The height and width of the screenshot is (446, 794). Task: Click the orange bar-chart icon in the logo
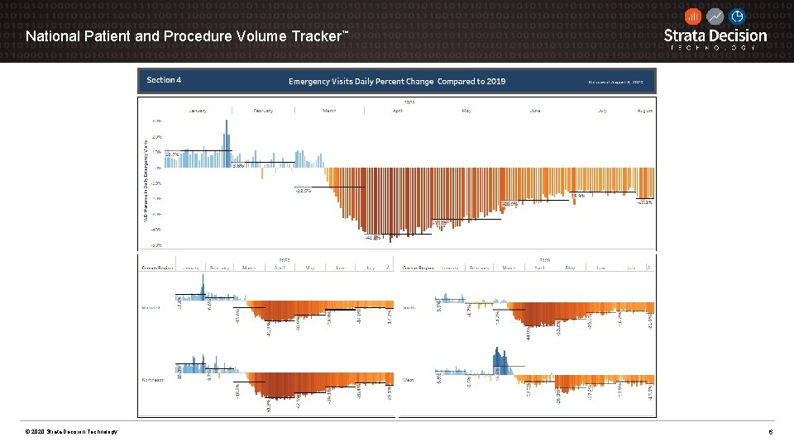[693, 17]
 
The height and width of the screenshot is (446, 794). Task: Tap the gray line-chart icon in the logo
[715, 17]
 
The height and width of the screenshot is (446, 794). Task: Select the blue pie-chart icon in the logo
[736, 17]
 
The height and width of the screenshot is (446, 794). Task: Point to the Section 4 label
[164, 80]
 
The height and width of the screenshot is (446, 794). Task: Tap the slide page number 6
[770, 433]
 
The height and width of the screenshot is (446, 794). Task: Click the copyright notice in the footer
[71, 433]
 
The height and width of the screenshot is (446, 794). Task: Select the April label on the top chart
[398, 110]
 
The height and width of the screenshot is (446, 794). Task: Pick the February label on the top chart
[263, 110]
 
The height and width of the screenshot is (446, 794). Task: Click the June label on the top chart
[534, 110]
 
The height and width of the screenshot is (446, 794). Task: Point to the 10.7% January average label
[173, 154]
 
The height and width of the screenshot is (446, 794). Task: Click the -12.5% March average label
[303, 191]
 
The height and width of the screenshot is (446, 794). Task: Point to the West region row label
[408, 380]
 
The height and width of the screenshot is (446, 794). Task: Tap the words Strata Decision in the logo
[715, 36]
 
